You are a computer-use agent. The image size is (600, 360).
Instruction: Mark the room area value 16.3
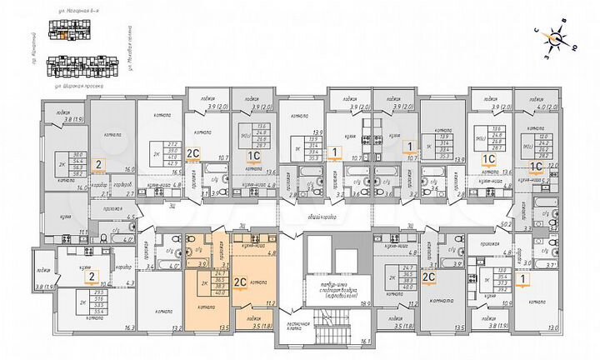tap(127, 327)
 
